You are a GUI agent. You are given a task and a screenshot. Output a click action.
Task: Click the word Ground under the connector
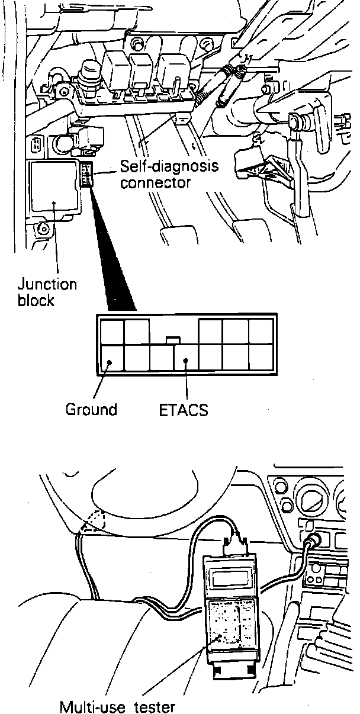[x=91, y=409]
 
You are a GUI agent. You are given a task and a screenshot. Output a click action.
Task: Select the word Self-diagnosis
[x=169, y=166]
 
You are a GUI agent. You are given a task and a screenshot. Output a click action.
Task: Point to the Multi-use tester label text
[x=117, y=706]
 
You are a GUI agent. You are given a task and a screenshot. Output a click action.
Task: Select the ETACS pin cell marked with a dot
[x=186, y=358]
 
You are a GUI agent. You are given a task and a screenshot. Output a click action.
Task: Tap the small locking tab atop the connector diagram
[x=172, y=340]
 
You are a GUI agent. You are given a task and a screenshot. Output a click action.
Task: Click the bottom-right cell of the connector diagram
[x=260, y=358]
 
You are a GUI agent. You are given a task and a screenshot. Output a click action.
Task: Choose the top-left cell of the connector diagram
[x=112, y=331]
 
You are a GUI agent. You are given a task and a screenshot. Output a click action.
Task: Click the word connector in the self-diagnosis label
[x=155, y=182]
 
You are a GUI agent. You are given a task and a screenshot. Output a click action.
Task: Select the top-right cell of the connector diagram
[x=260, y=331]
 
